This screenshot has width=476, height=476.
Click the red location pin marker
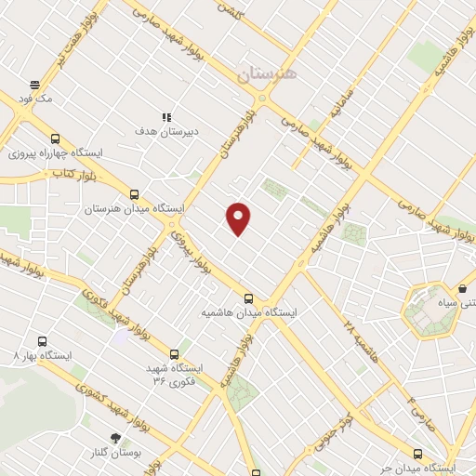(x=239, y=218)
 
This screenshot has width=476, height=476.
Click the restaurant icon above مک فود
(x=34, y=84)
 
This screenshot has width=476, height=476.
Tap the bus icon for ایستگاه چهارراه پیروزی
(x=55, y=138)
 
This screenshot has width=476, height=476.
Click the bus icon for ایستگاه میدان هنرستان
(x=135, y=195)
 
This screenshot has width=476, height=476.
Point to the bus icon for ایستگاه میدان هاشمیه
(x=248, y=298)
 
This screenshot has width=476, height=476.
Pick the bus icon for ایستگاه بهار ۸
(x=41, y=341)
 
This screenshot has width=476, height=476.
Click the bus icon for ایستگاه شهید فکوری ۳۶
(x=174, y=353)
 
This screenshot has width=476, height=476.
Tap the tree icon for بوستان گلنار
(x=114, y=437)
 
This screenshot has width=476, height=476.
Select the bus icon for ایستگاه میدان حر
(x=416, y=454)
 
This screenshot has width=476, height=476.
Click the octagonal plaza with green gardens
(x=430, y=308)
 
